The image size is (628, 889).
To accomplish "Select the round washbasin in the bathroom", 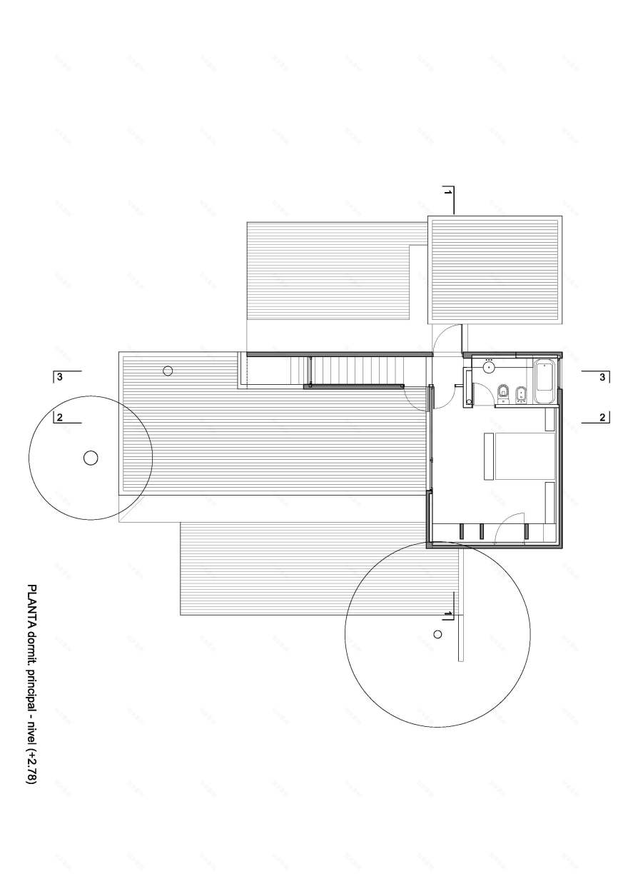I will [x=489, y=367].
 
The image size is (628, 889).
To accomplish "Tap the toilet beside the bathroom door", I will [x=502, y=393].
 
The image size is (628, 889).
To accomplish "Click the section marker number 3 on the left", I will [x=59, y=376].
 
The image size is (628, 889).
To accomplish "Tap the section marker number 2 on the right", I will [x=602, y=417].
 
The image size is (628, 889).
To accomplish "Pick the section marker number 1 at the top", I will [x=447, y=193].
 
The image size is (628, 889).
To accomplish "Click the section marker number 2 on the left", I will [x=60, y=418].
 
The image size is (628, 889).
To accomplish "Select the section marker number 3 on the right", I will [x=602, y=376].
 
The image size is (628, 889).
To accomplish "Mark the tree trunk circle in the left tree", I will [x=91, y=458].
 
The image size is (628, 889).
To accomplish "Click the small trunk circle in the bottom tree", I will [x=437, y=633].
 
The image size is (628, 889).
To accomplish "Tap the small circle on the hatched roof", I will [x=168, y=370].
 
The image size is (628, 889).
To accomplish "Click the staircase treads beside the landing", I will [x=357, y=370].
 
